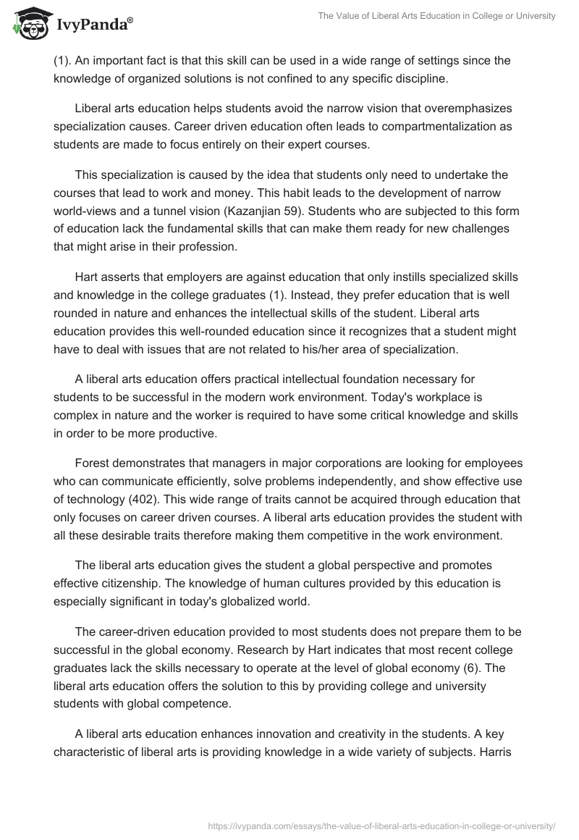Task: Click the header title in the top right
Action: pyautogui.click(x=436, y=16)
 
